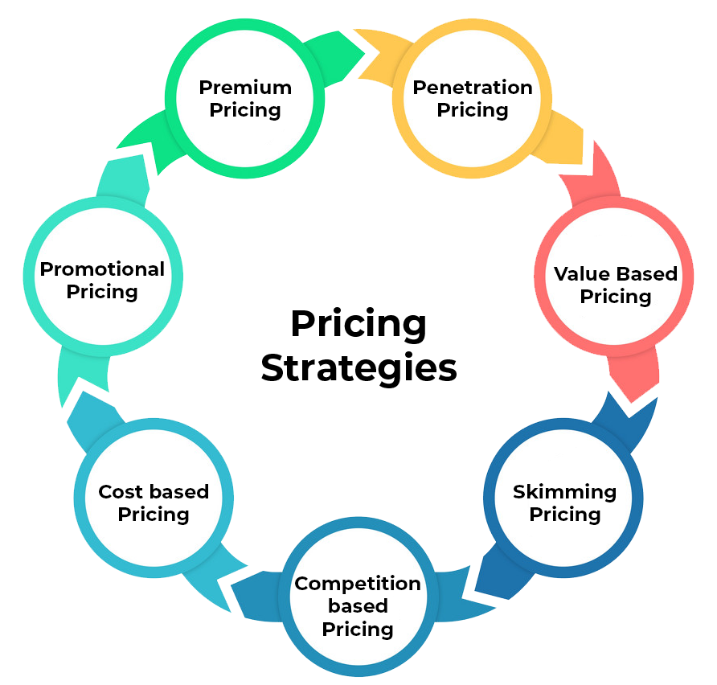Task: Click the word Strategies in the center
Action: [358, 368]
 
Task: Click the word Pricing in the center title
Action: [358, 325]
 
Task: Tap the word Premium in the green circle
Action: [245, 87]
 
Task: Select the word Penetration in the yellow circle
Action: [473, 87]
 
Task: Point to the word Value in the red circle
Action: [578, 273]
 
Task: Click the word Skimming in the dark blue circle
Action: [564, 491]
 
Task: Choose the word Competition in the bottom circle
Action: [358, 584]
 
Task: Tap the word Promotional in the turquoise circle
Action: [102, 269]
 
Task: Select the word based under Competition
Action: [358, 606]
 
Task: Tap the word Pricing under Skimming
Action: [564, 514]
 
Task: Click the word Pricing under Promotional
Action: [102, 291]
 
